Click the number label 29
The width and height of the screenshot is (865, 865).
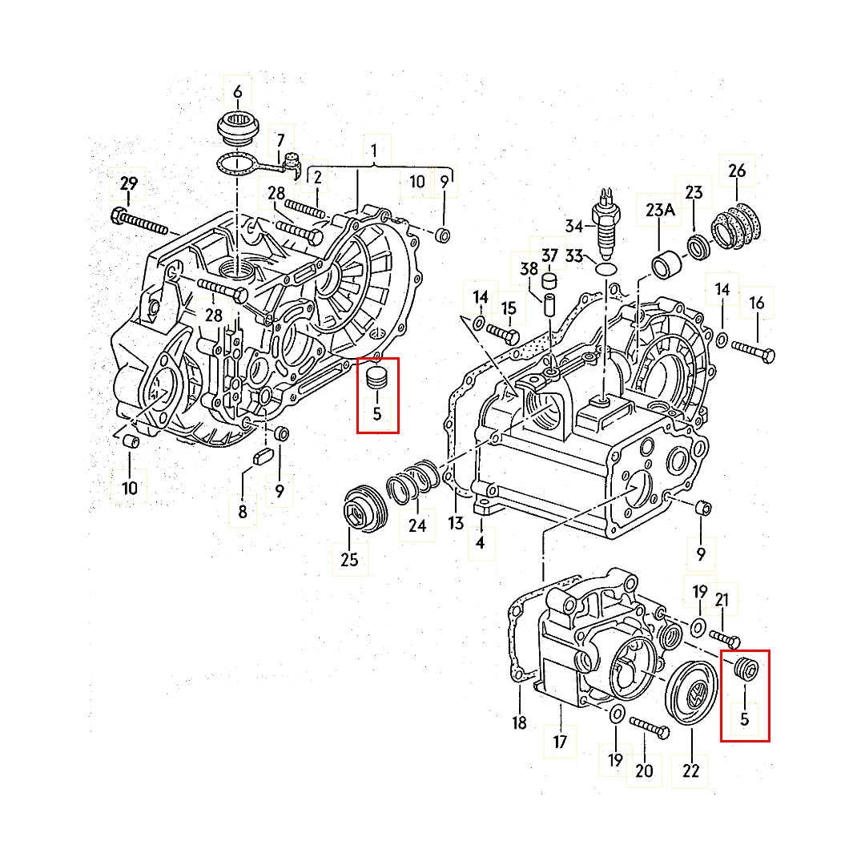129,184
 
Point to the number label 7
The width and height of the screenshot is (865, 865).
280,140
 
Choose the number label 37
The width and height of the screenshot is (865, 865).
549,255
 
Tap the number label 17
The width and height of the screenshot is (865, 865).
560,742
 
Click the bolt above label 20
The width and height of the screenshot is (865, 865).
649,725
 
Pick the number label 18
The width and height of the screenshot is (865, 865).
520,723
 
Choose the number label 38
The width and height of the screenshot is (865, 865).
529,271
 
